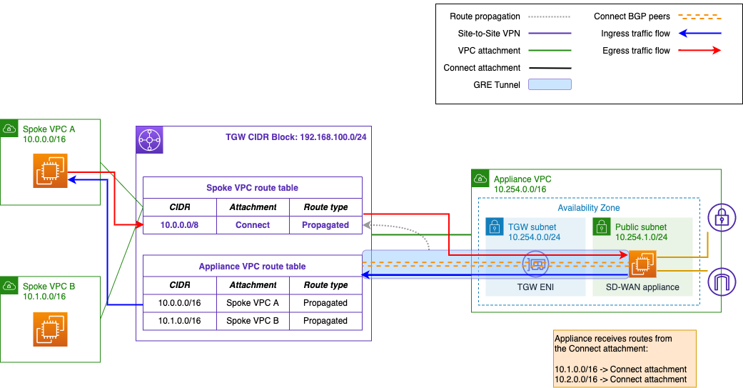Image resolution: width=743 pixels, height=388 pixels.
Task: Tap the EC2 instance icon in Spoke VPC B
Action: click(50, 329)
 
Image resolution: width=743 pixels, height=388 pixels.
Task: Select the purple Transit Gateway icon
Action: click(150, 140)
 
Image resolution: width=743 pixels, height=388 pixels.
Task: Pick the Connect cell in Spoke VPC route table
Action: click(253, 224)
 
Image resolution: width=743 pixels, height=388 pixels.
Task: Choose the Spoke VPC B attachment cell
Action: click(253, 321)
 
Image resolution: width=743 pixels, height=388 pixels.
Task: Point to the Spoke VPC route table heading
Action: click(253, 188)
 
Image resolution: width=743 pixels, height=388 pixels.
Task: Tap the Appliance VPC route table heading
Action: click(253, 266)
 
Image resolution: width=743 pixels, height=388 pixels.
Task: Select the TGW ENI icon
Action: click(536, 264)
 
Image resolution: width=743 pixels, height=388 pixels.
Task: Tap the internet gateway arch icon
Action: click(721, 280)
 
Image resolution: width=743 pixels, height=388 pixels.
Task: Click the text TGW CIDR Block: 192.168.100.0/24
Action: click(300, 136)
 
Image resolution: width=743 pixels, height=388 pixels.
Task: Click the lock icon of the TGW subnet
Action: click(494, 227)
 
